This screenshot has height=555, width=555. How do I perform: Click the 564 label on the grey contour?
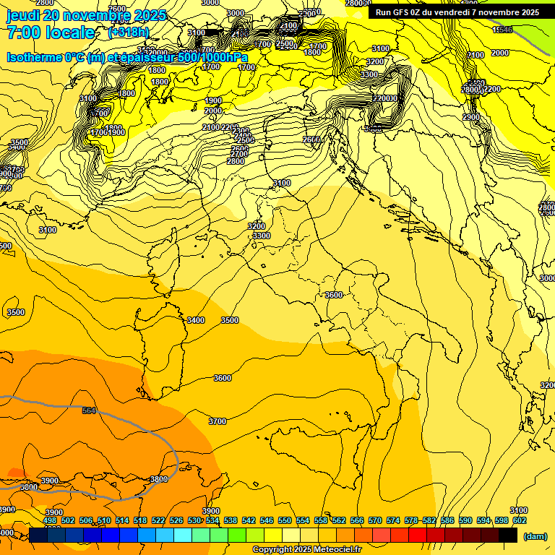point(89,410)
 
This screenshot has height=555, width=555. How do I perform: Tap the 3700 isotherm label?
point(217,421)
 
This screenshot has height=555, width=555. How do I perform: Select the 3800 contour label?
point(159,479)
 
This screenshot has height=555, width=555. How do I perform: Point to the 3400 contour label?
point(195,320)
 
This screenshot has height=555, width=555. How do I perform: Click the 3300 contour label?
point(261,236)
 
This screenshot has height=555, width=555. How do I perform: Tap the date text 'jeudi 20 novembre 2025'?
point(86,15)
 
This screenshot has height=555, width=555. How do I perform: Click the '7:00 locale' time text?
point(51,33)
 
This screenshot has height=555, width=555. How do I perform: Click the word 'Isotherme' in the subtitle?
point(35,57)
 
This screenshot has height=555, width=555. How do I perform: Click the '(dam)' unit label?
point(535,535)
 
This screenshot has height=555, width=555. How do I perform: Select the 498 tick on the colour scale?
point(50,520)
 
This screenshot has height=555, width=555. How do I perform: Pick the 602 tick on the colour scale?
point(520,520)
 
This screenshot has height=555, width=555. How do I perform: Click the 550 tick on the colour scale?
point(285,520)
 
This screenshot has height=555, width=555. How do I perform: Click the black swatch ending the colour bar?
point(508,535)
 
